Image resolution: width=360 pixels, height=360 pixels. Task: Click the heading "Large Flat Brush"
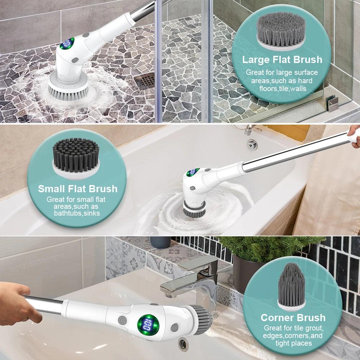click(x=282, y=59)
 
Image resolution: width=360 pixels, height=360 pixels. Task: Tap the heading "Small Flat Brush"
click(x=78, y=189)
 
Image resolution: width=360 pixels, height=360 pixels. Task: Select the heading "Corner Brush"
click(x=293, y=318)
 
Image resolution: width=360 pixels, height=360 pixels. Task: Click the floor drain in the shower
click(x=146, y=81)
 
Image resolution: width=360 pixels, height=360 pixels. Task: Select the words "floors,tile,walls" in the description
click(x=283, y=88)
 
